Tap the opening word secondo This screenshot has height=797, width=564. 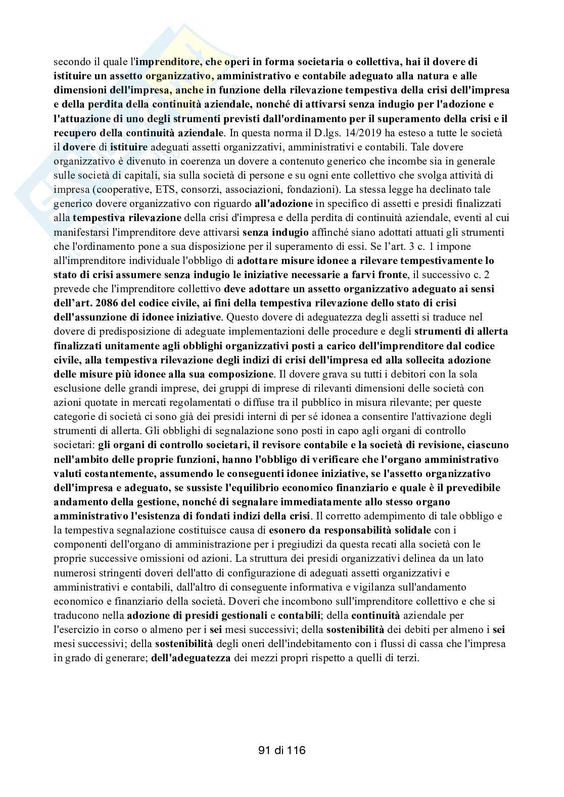pos(69,63)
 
